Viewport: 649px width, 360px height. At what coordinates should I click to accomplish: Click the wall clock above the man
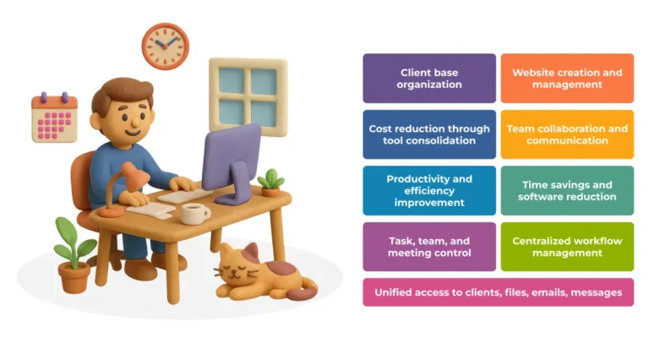165,46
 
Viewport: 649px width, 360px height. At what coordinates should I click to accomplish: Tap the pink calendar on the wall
54,117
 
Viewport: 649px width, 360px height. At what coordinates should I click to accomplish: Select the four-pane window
248,95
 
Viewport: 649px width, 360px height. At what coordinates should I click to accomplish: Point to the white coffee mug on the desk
194,213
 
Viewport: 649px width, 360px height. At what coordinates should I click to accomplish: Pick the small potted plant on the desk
271,182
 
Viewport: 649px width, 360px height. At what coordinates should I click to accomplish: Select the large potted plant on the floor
74,254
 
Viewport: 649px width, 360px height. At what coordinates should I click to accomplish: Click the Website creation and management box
567,79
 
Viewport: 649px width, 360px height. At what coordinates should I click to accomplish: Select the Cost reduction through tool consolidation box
429,134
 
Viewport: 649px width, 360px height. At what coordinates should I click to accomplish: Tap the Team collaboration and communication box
567,134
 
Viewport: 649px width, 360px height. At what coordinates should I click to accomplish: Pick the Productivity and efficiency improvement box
429,190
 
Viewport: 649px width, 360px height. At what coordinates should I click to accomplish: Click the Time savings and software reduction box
567,190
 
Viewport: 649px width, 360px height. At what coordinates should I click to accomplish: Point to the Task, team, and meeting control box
429,247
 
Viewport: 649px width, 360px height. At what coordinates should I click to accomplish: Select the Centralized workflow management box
567,247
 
